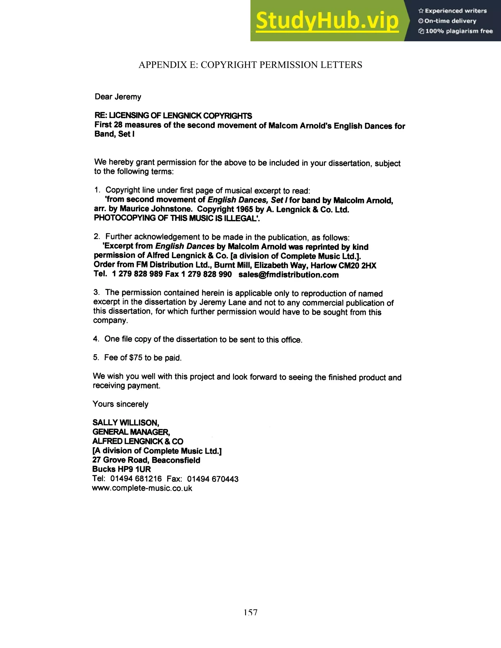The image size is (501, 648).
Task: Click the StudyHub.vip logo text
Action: click(x=327, y=21)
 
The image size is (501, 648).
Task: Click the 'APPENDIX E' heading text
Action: click(x=250, y=65)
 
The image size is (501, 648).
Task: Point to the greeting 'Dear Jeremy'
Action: click(x=118, y=97)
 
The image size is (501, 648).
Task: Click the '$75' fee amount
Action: click(x=136, y=358)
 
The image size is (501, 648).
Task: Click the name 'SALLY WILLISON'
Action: click(x=125, y=423)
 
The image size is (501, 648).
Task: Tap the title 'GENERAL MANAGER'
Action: click(x=131, y=432)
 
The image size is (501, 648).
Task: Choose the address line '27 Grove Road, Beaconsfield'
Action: click(x=146, y=460)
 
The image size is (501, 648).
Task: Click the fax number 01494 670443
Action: click(x=213, y=479)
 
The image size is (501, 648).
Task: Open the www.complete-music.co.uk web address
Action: click(x=142, y=488)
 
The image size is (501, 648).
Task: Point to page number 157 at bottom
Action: click(x=250, y=612)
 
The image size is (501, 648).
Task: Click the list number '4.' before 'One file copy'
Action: click(x=96, y=339)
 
